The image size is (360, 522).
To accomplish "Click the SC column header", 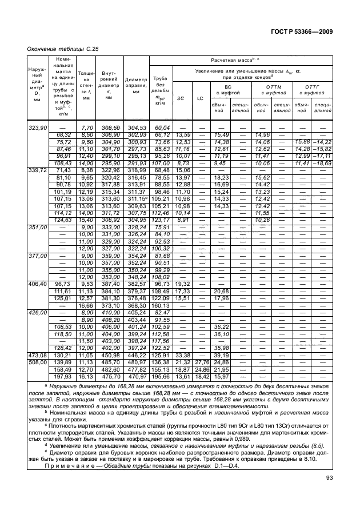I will [x=181, y=98].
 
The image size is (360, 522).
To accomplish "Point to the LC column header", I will [x=200, y=98].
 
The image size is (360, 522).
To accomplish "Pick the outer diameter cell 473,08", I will [x=37, y=371].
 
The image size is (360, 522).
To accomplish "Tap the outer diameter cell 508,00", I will [x=37, y=378].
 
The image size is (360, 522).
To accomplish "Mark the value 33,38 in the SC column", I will [x=182, y=371].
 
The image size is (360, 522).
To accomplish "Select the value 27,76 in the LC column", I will [x=200, y=378].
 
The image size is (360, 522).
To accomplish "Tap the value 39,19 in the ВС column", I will [x=221, y=371].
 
